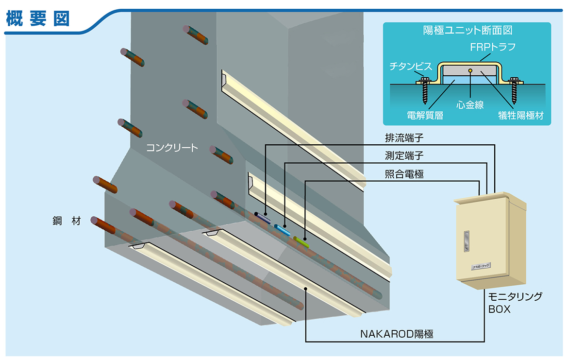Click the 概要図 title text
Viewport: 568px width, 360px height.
point(38,18)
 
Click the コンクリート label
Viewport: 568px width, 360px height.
point(172,147)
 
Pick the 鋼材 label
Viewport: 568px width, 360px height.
point(68,221)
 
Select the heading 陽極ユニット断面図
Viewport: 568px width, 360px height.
point(467,30)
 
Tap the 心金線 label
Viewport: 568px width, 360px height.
point(470,104)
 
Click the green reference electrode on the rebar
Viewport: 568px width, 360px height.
point(301,242)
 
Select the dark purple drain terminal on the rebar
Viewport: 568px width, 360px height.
point(263,217)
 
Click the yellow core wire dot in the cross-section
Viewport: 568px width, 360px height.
point(470,71)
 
